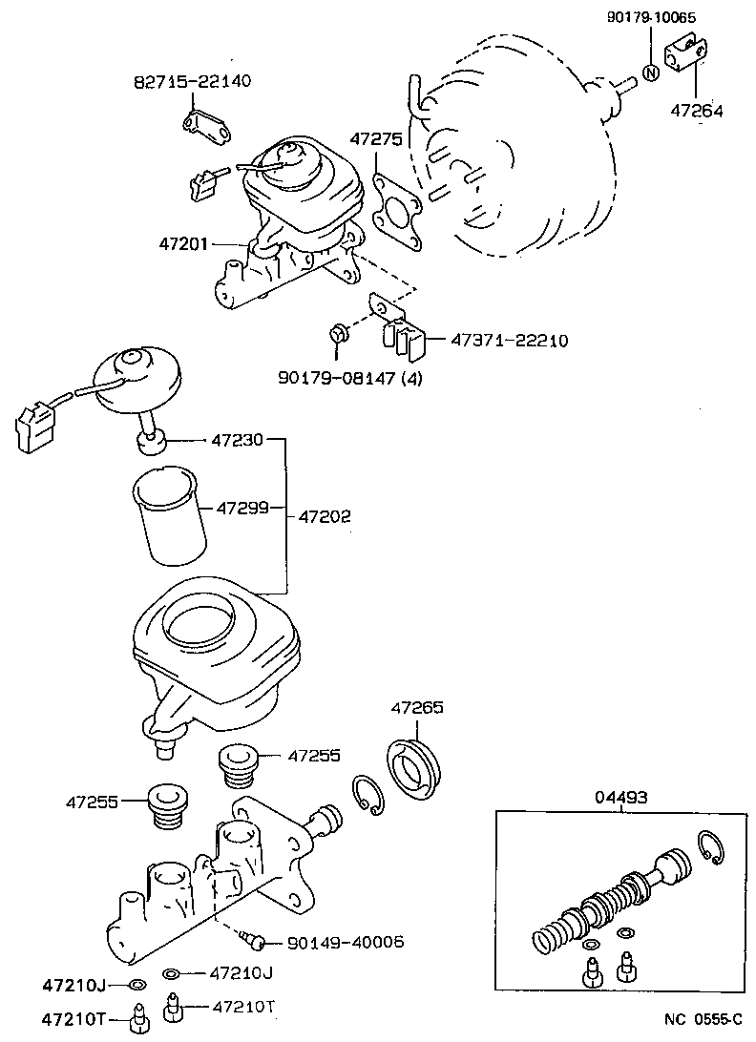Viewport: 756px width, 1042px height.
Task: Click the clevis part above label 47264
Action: pyautogui.click(x=687, y=52)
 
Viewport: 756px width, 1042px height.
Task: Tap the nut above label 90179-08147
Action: pyautogui.click(x=337, y=332)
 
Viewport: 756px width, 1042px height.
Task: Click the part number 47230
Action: pyautogui.click(x=235, y=440)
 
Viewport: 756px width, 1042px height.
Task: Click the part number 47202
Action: pyautogui.click(x=325, y=516)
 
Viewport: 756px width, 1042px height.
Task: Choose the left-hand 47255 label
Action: pyautogui.click(x=92, y=802)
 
